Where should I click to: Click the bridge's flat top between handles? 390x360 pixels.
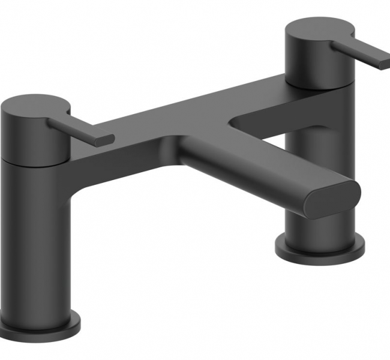[x=180, y=114]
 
